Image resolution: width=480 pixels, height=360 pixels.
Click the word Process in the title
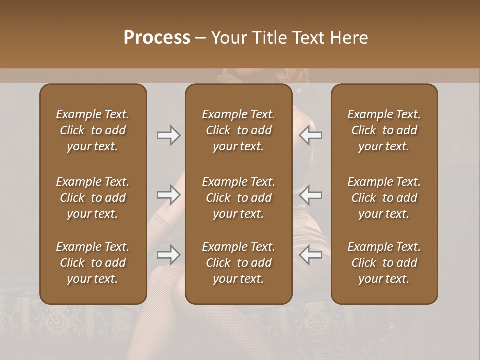coord(157,37)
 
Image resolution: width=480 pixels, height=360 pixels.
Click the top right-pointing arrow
coord(168,135)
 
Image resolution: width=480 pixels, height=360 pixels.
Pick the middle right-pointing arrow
coord(168,195)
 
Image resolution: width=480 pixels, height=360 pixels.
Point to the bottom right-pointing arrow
coord(168,255)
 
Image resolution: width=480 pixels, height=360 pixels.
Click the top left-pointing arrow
coord(310,135)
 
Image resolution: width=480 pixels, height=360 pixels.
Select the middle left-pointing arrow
coord(310,195)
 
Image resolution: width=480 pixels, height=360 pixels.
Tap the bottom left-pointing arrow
coord(310,255)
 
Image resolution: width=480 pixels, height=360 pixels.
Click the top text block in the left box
coord(93,130)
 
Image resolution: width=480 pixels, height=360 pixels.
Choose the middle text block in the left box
coord(93,198)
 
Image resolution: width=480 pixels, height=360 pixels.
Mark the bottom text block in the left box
coord(93,263)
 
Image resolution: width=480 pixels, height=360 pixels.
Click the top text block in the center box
coord(238,130)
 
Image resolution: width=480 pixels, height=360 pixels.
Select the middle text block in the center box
coord(238,198)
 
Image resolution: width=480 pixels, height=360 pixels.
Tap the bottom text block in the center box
coord(238,263)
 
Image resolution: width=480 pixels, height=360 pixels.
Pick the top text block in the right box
coord(384,130)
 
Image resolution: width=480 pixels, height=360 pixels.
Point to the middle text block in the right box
coord(384,198)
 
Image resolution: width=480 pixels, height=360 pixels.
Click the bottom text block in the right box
coord(384,263)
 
